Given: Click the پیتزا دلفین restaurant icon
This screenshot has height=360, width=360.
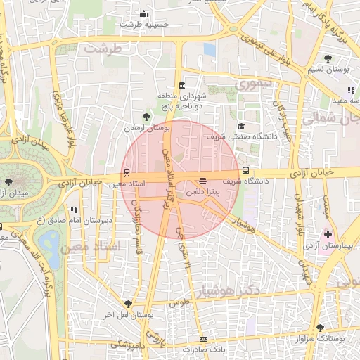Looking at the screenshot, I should [202, 181].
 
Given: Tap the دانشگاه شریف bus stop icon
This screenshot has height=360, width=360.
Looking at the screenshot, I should [245, 170].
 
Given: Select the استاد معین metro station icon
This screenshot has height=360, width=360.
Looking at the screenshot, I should [127, 172].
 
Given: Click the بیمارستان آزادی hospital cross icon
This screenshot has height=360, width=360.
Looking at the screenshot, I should [327, 233].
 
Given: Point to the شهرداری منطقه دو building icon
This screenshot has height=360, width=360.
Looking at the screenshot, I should [181, 84].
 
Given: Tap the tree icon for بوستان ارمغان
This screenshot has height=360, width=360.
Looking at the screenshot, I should [146, 117].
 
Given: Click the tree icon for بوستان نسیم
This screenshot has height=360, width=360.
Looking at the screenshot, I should [328, 58].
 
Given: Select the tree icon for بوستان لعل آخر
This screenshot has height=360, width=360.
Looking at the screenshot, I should [127, 304].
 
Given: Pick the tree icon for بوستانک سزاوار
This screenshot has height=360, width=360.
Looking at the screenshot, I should [321, 327].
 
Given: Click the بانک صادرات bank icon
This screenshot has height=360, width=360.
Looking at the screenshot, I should [203, 339].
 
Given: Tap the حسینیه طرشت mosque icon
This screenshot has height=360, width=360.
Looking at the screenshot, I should [144, 13].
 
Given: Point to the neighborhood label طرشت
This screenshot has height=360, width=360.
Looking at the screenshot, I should [103, 49].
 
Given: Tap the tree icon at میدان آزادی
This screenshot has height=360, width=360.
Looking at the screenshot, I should [8, 182].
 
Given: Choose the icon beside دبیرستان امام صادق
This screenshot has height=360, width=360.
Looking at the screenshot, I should [74, 209].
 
